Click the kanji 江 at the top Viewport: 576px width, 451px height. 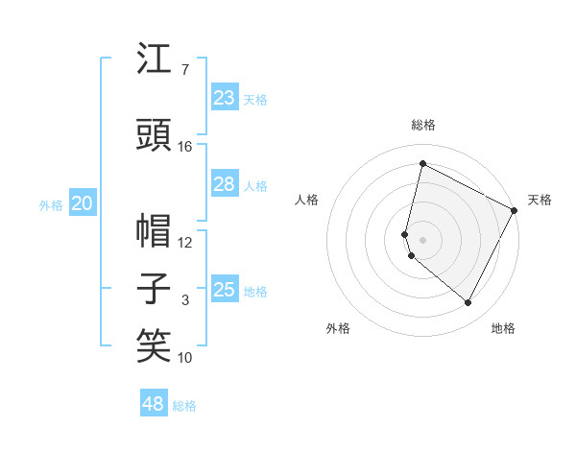click(155, 59)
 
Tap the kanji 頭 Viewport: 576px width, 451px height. click(155, 135)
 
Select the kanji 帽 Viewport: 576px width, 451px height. click(155, 230)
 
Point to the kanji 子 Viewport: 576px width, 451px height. click(155, 289)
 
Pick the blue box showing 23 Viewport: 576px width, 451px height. click(225, 98)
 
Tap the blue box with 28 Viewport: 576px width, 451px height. click(225, 185)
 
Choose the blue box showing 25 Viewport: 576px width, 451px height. click(225, 290)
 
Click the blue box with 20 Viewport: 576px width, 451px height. click(83, 203)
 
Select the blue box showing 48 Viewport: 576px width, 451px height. click(154, 404)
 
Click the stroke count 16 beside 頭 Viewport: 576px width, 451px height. click(185, 147)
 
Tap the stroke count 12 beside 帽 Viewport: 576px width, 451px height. click(185, 243)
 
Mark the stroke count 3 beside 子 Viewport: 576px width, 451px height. click(185, 301)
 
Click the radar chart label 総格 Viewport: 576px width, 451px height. click(423, 125)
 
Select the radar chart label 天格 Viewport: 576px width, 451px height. click(540, 200)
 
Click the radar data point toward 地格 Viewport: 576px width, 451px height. click(468, 303)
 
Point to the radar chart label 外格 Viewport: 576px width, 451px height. click(338, 328)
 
